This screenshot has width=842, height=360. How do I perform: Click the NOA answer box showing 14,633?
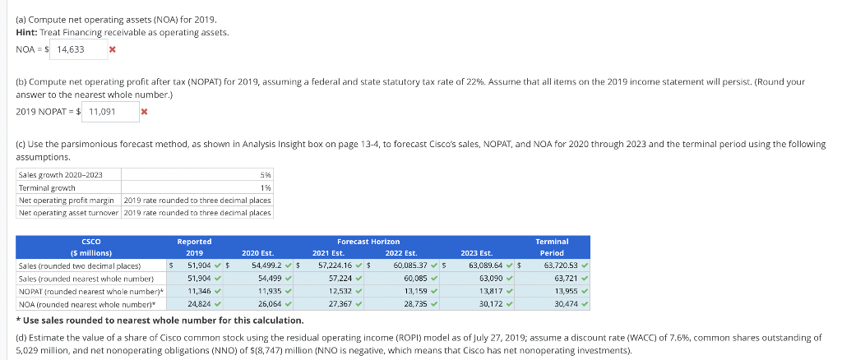[78, 50]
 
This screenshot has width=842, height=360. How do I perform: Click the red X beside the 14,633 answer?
[112, 50]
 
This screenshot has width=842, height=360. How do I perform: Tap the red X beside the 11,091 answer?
[144, 112]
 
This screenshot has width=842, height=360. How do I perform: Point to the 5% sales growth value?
[266, 174]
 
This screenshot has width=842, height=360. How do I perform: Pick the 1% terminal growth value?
[266, 187]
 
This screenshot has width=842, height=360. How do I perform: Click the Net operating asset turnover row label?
[68, 214]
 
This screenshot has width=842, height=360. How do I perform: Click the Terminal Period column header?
[552, 247]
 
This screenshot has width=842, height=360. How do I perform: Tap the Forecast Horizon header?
[368, 242]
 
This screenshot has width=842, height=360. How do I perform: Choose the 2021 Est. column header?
[327, 253]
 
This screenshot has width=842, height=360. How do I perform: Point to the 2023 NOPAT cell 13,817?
[490, 291]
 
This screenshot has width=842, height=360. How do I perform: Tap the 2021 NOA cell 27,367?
[338, 304]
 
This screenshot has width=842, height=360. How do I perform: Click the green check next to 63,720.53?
[584, 265]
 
